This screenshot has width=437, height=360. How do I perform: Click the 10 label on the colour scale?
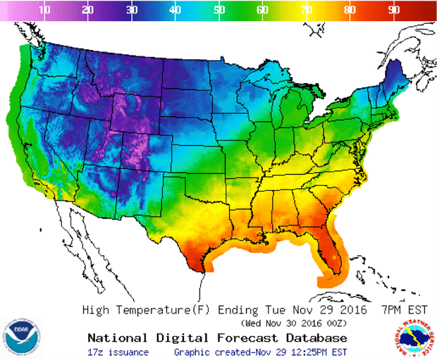coord(44,10)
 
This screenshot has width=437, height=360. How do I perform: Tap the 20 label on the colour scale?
coord(88,10)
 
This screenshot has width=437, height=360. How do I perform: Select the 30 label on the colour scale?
coord(132,10)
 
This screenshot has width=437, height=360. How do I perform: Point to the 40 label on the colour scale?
coord(175,10)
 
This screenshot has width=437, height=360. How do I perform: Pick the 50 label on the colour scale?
coord(218,10)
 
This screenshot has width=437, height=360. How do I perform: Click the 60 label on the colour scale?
coord(262,10)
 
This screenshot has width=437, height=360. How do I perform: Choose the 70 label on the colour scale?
coord(306,10)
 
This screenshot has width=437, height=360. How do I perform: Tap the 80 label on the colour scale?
coord(350,10)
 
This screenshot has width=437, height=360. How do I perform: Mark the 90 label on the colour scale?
coord(393,10)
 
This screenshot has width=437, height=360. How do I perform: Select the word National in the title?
coord(114,337)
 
